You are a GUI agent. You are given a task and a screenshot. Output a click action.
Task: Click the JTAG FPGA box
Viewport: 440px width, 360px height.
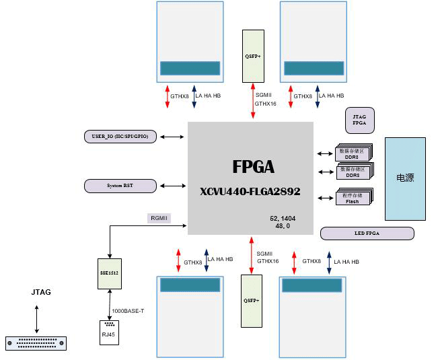tap(359, 120)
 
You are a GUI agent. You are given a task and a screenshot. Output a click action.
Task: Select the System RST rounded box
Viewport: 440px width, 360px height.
tap(120, 185)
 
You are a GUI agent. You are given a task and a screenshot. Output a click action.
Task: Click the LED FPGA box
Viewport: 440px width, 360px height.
tap(367, 233)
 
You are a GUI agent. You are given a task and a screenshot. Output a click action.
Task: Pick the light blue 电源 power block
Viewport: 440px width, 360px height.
tap(405, 179)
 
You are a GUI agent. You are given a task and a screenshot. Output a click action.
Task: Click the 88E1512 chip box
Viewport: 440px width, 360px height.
tap(108, 275)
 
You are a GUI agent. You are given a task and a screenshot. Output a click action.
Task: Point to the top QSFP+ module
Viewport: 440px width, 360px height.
tap(253, 55)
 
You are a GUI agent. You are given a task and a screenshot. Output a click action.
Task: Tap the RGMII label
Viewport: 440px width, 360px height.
tap(159, 218)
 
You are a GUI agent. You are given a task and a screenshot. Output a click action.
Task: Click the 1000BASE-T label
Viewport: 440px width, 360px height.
tap(128, 310)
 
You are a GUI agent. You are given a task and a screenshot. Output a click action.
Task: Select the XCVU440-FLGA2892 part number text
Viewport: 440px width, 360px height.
tap(250, 192)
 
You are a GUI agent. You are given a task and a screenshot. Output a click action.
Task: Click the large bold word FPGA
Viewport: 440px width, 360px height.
tap(253, 166)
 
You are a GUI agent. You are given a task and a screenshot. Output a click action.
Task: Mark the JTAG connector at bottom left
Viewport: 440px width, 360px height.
tap(36, 343)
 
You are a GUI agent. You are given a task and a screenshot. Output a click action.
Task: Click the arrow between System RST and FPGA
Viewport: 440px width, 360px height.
tap(173, 185)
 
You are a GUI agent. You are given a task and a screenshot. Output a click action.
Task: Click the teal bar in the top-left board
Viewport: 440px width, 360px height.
tap(190, 69)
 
